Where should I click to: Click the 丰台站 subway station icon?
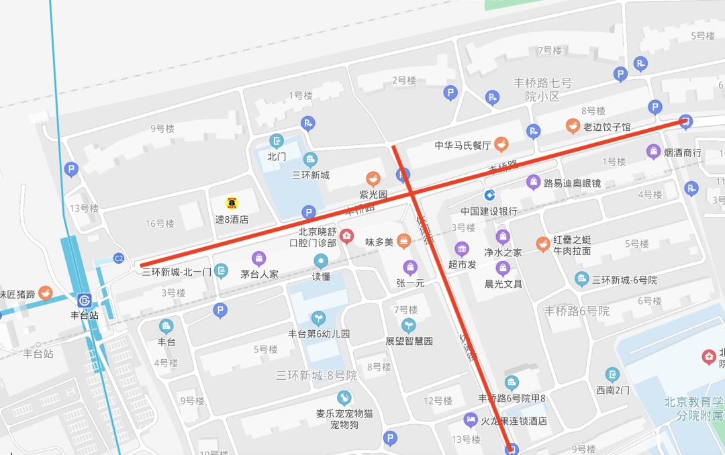[x=85, y=300]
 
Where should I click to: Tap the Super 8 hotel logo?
[x=232, y=203]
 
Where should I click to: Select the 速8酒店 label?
[x=232, y=219]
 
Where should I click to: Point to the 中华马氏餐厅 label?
[x=463, y=145]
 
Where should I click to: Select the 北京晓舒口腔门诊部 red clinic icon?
[x=346, y=236]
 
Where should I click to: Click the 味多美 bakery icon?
[x=403, y=241]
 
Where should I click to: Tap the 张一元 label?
[x=410, y=283]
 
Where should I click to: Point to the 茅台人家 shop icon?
[x=258, y=258]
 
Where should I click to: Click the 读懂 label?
[x=321, y=276]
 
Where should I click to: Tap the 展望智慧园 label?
[x=409, y=341]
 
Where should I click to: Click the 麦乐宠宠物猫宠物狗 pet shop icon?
[x=344, y=397]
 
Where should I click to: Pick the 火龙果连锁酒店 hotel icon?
[x=471, y=421]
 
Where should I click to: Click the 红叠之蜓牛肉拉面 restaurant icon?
[x=543, y=244]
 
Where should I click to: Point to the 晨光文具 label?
[x=503, y=284]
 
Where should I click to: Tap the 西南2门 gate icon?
[x=612, y=374]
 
